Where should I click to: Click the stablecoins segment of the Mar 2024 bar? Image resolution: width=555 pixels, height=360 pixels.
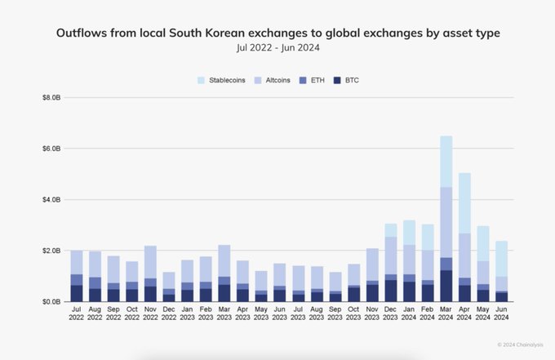coord(446,162)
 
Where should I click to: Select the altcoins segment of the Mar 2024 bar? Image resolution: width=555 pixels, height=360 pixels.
coord(446,222)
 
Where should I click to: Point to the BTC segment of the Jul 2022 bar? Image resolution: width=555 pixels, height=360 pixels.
coord(77,293)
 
